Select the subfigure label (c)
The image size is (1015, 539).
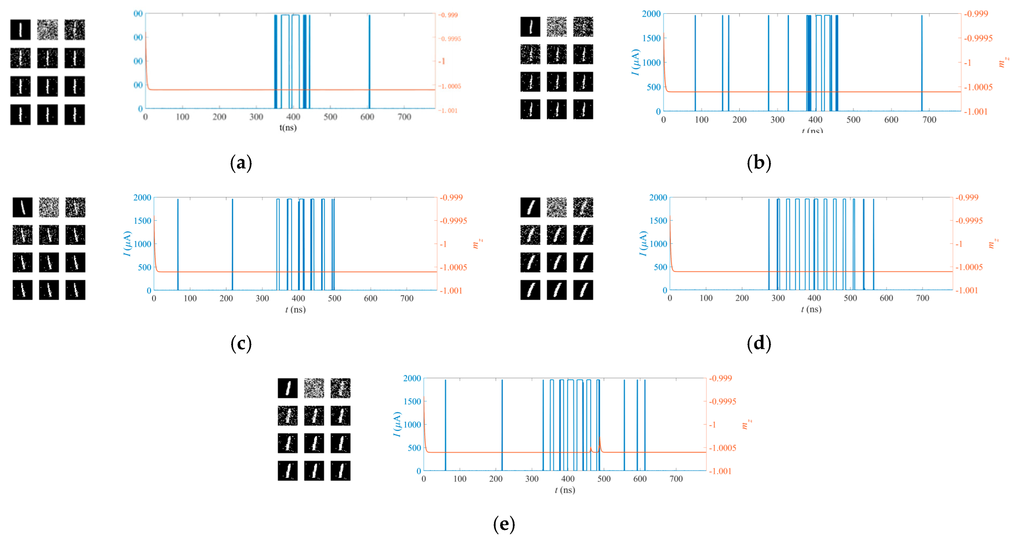coord(241,343)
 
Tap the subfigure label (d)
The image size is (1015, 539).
coord(759,343)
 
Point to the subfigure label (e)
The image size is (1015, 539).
coord(504,524)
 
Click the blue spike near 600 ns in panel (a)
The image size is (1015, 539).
coord(369,59)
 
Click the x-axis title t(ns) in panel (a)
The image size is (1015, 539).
coord(288,128)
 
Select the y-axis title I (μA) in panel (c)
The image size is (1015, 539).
coord(127,243)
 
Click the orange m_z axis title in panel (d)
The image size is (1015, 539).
coord(993,243)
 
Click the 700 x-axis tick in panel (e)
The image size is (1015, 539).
coord(676,479)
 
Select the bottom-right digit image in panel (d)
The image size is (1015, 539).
coord(583,290)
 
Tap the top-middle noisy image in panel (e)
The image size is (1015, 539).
coord(314,388)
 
